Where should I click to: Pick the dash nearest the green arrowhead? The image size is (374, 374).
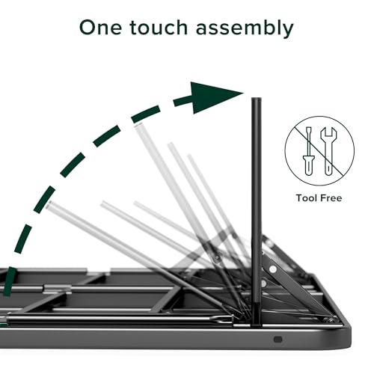point(180,101)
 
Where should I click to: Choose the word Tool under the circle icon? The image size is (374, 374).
point(302,197)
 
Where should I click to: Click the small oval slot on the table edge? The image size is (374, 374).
point(278,338)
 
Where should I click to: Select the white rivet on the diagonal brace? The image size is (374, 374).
point(273,267)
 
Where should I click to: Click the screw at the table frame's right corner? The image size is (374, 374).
point(327,319)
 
